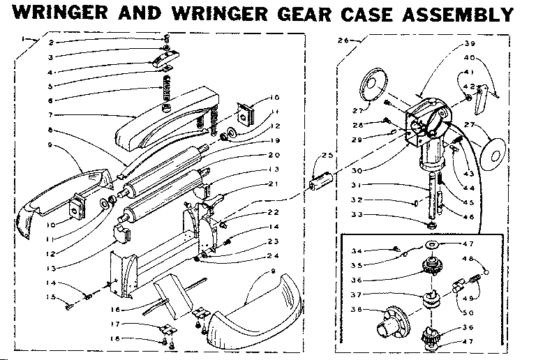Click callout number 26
343,41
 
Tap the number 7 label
51,114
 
